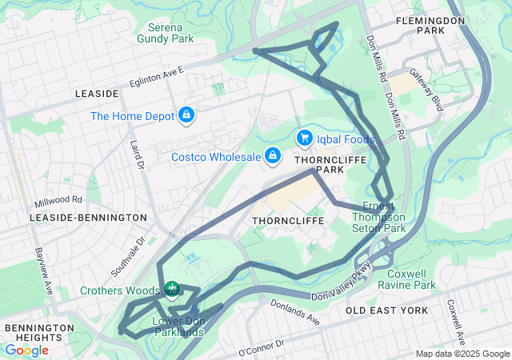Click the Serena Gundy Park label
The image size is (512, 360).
[x=166, y=32]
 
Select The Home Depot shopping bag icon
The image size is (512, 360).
[x=186, y=116]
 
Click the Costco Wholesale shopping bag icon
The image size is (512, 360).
[x=273, y=154]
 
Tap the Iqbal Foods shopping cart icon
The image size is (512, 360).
[x=304, y=138]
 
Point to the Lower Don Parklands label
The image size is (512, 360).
[x=178, y=326]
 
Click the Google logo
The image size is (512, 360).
[x=26, y=350]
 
